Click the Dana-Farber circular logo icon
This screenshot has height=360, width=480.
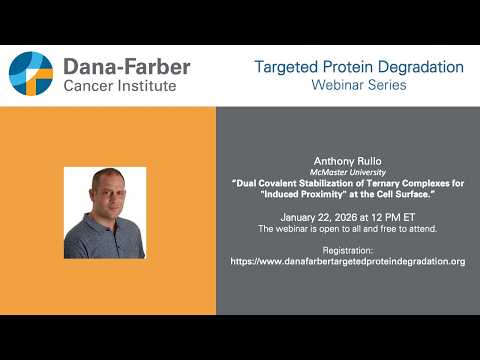tap(31, 74)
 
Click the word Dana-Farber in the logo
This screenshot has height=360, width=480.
tap(126, 67)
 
